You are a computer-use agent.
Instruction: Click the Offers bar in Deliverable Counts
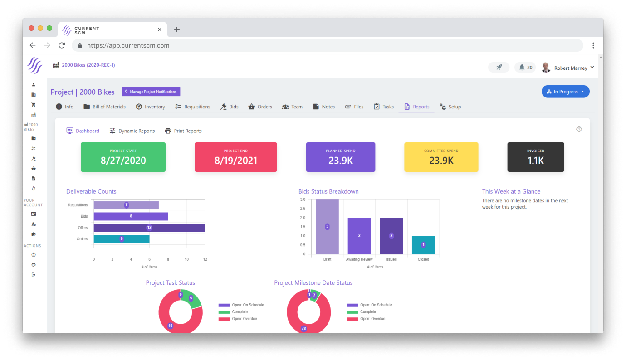pos(149,228)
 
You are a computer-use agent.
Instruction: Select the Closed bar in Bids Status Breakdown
pos(423,245)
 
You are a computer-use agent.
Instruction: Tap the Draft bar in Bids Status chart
pos(327,227)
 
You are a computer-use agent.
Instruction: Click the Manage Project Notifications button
pos(151,92)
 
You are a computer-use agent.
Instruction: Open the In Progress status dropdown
pos(565,92)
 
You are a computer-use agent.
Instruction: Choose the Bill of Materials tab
pos(105,107)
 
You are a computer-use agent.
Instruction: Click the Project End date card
pos(235,157)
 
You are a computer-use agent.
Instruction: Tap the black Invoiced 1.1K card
pos(535,157)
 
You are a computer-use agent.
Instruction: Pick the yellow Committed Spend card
pos(441,157)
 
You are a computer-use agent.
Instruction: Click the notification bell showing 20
pos(525,68)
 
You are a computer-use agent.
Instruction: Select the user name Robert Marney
pos(570,68)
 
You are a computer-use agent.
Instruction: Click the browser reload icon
pos(62,45)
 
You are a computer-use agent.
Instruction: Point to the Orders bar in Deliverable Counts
pos(122,239)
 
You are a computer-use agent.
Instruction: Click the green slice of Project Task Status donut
pos(193,300)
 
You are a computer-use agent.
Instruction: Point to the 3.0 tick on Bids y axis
pos(303,199)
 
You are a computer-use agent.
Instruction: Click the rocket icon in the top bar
pos(499,68)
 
